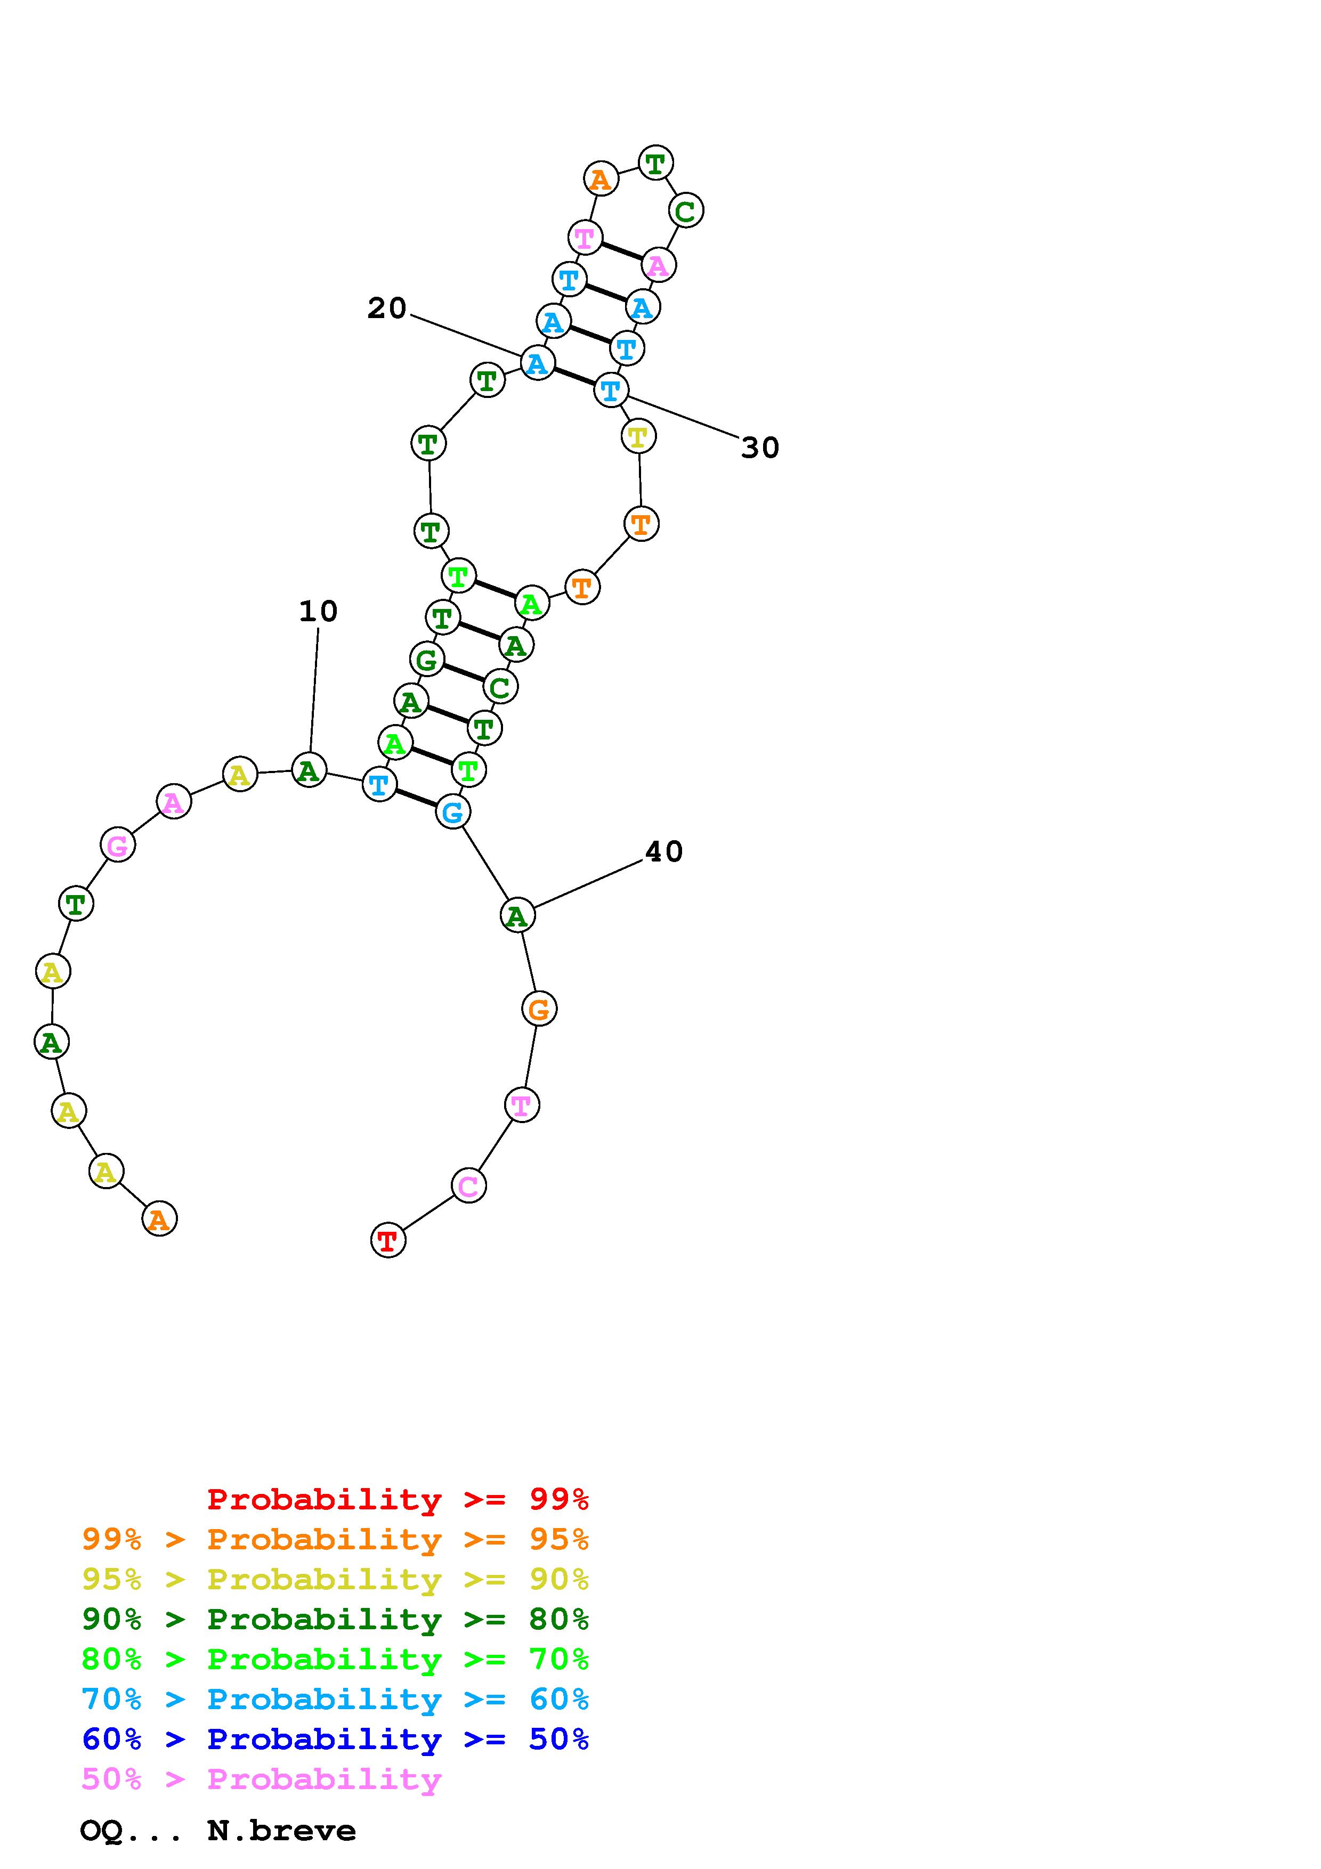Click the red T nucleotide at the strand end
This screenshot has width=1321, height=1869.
(388, 1240)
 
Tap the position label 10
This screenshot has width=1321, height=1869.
(318, 611)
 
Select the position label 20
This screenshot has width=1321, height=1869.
(387, 308)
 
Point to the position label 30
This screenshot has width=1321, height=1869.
(760, 448)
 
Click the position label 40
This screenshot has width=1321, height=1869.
(663, 851)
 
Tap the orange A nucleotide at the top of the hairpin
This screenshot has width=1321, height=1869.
(601, 178)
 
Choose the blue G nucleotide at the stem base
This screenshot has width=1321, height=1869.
(452, 811)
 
